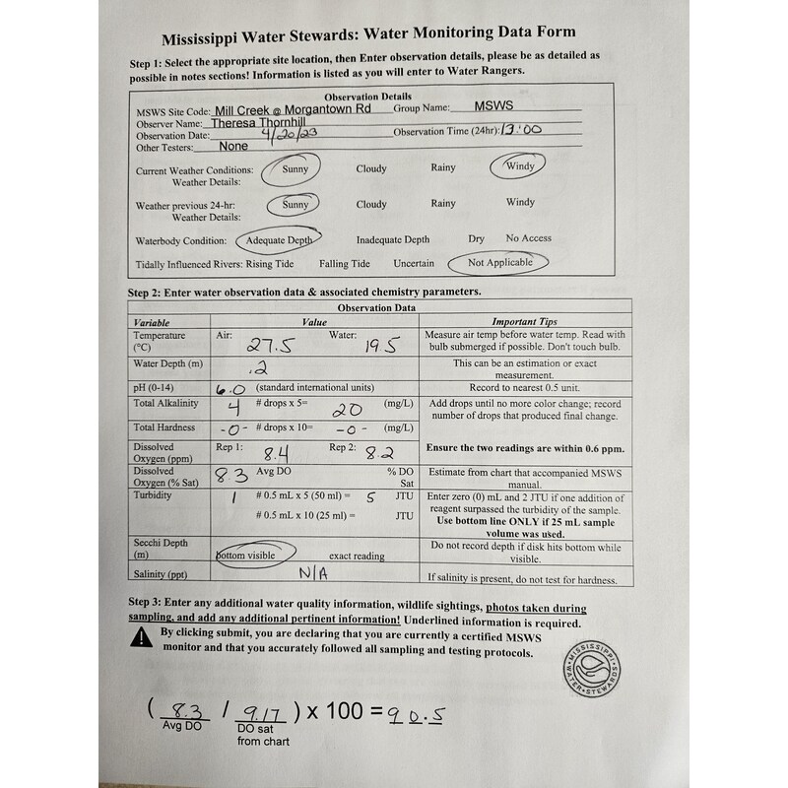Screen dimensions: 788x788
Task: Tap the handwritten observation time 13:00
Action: (522, 129)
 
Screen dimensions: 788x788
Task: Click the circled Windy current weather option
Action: (520, 166)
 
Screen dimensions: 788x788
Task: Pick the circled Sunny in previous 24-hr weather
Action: (295, 205)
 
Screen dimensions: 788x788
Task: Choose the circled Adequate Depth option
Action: (279, 240)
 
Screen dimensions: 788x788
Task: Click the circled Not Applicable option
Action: (499, 263)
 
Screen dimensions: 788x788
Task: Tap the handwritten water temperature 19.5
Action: (377, 345)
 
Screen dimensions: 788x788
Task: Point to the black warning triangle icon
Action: (141, 638)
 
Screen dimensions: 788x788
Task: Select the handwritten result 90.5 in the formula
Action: (415, 715)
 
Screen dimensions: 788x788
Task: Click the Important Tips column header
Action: (524, 322)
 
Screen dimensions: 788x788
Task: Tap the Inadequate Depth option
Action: (393, 239)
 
